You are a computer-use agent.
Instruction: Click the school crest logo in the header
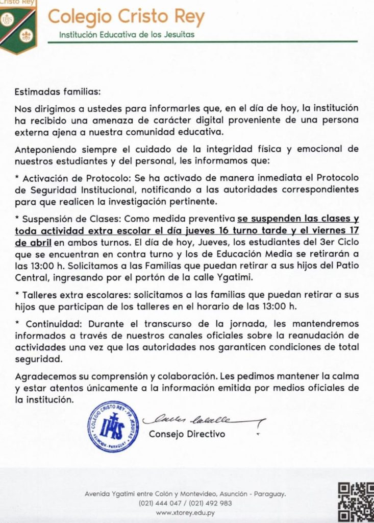(18, 26)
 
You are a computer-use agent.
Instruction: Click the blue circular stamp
(113, 426)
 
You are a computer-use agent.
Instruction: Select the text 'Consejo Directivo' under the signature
(187, 434)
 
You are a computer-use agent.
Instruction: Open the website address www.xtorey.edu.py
(185, 512)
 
